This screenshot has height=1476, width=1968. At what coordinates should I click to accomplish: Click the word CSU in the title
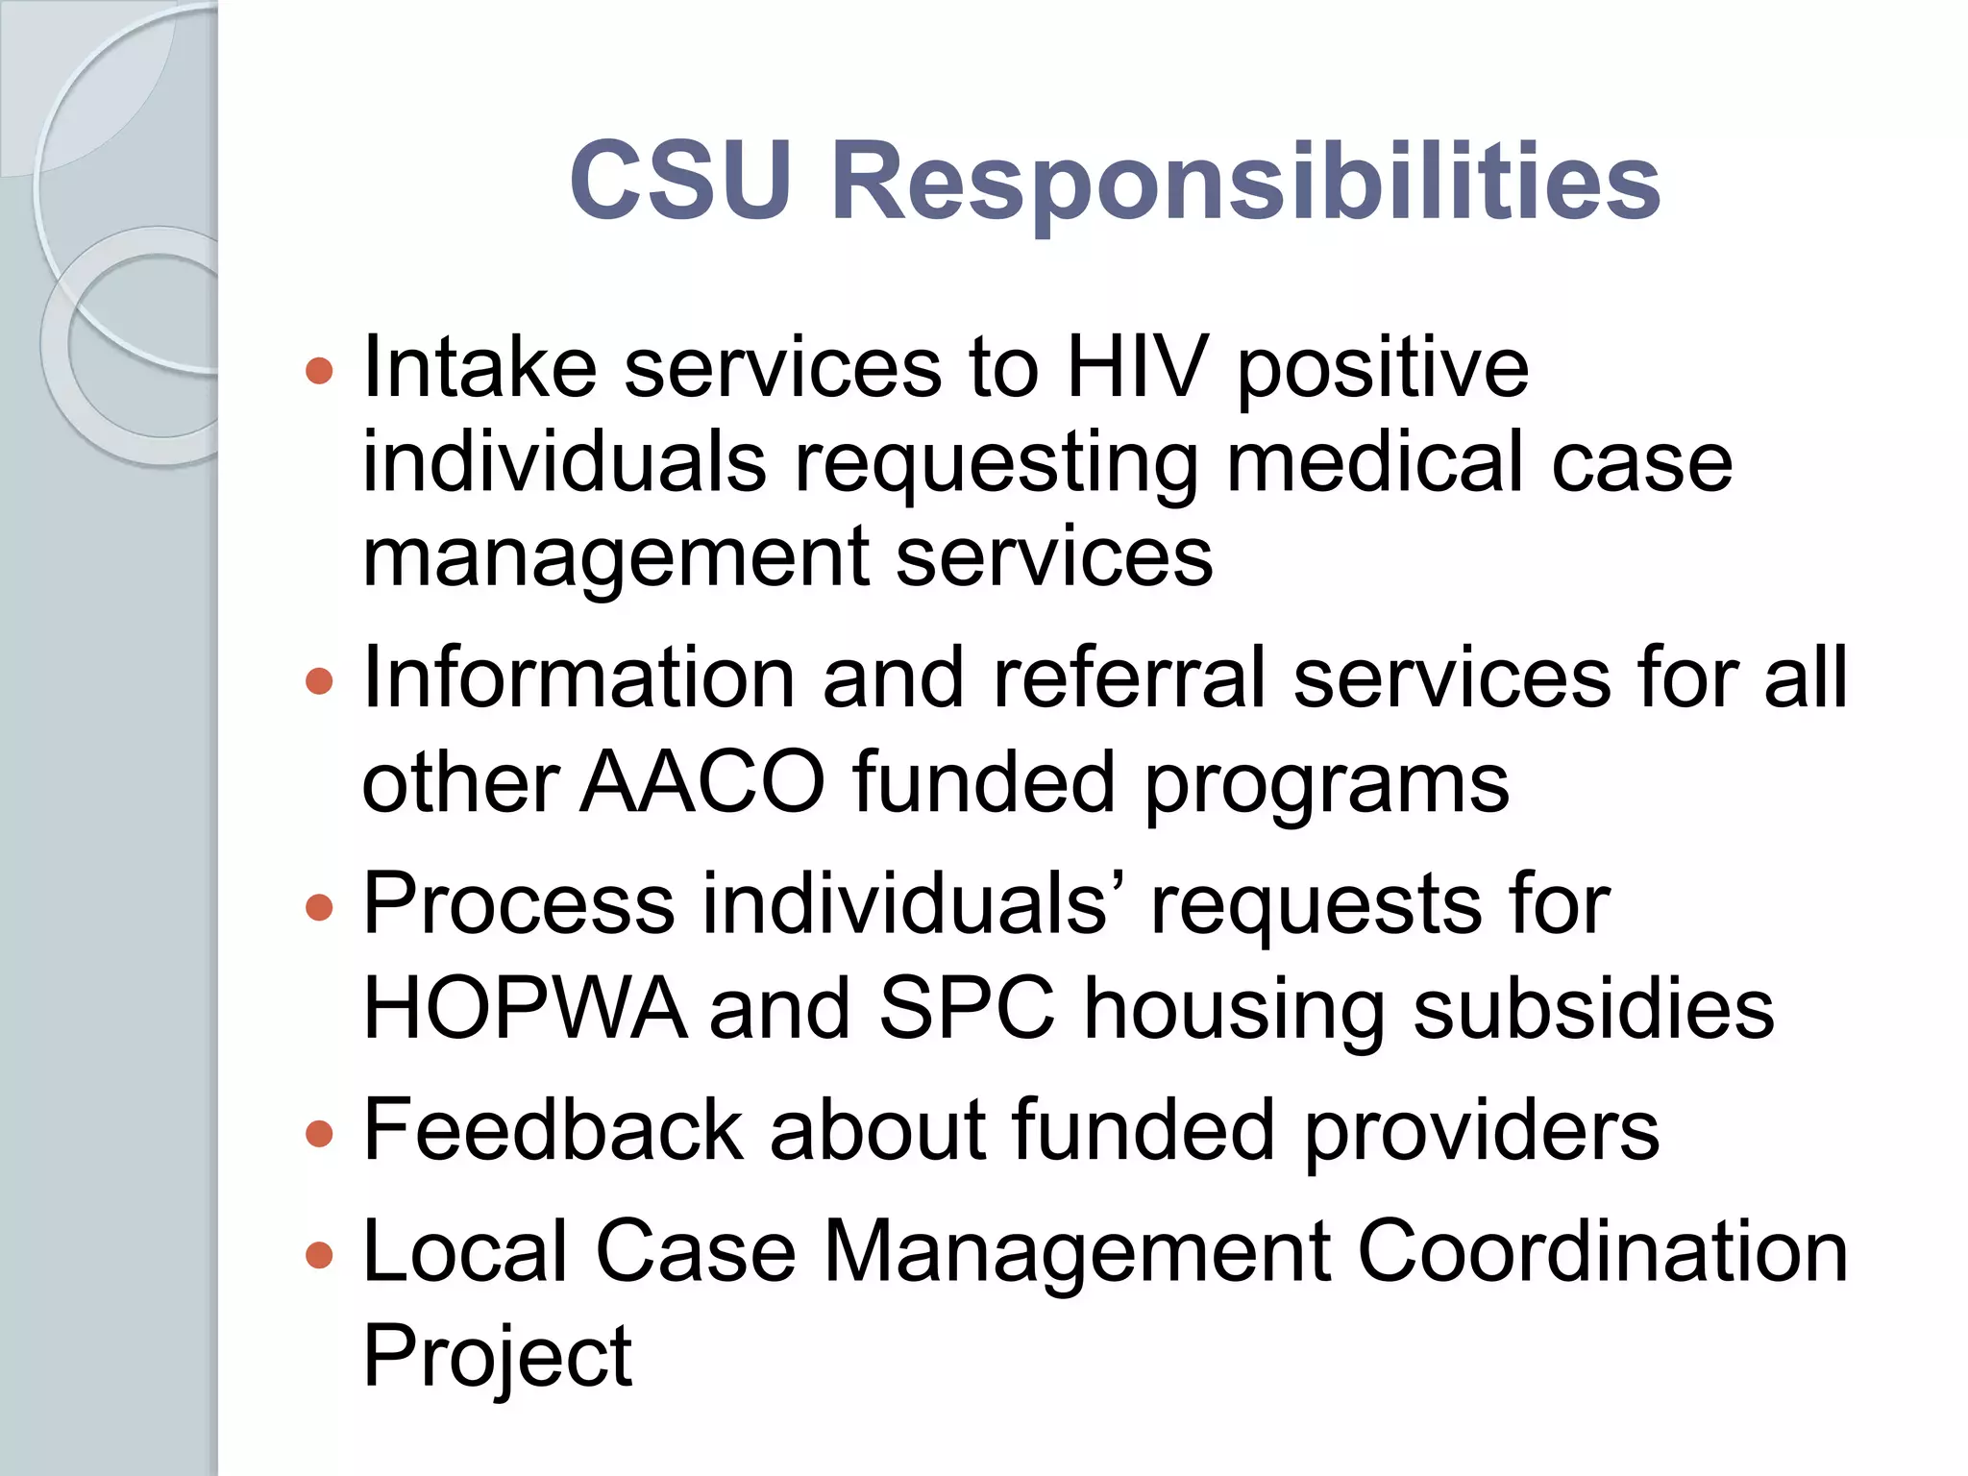pos(680,181)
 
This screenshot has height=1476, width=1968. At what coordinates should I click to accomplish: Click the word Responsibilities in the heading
pos(1245,183)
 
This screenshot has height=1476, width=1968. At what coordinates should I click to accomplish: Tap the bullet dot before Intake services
pos(319,370)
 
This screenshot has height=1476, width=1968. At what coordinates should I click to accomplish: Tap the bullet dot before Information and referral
pos(319,681)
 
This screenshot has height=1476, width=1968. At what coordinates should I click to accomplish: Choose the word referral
pos(1129,678)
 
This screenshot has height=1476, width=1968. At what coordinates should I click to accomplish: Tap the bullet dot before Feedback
pos(319,1134)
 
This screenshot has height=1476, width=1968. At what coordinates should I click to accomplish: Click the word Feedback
pos(553,1131)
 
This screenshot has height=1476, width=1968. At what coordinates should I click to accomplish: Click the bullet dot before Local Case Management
pos(319,1254)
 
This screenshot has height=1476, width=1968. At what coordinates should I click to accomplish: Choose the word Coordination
pos(1602,1251)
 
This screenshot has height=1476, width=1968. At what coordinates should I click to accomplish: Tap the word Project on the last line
pos(497,1357)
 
